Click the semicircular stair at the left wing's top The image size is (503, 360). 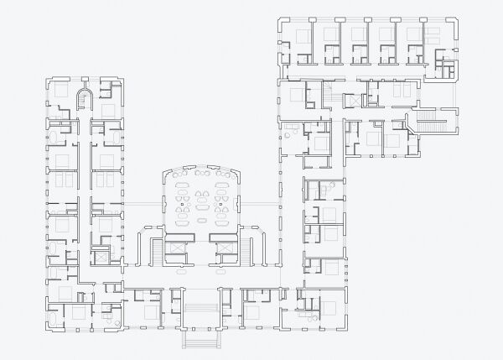[82, 98]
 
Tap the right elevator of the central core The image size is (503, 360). [224, 248]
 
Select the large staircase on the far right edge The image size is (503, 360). [437, 123]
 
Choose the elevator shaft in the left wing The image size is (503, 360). [101, 256]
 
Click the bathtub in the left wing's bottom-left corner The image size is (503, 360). [55, 320]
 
